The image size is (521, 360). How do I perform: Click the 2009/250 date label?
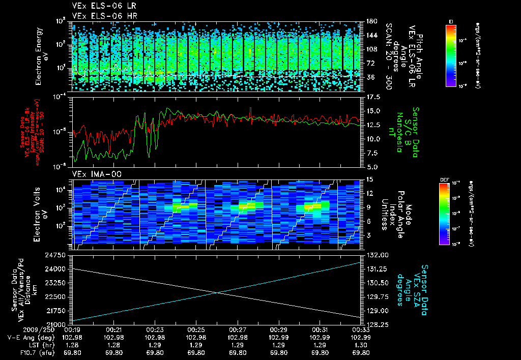click(17, 330)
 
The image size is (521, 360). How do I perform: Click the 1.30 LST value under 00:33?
click(360, 345)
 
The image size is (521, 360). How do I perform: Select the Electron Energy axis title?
click(44, 57)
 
